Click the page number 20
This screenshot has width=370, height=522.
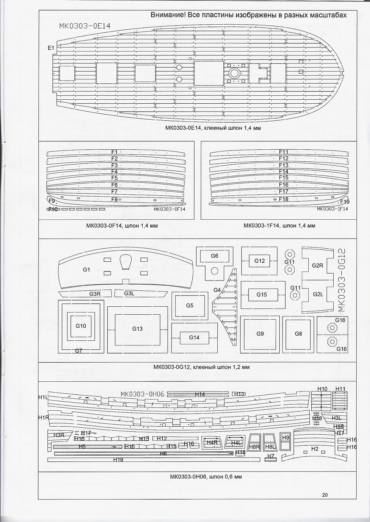tap(325, 495)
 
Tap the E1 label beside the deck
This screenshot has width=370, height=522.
tap(51, 48)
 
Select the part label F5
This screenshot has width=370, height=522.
tap(115, 178)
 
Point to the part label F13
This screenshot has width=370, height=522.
tap(284, 165)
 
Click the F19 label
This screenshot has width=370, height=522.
tap(345, 202)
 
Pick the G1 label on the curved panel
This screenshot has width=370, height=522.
tap(86, 269)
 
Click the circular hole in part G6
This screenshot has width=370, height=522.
tap(214, 270)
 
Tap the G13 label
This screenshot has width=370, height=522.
tap(137, 329)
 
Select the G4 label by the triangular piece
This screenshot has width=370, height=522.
tap(217, 290)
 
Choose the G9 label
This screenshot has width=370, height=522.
tap(260, 334)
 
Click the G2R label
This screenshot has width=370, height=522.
tap(317, 265)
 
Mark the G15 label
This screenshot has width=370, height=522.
tap(262, 295)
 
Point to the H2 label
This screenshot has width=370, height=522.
tap(314, 449)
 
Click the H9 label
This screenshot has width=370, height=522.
tap(285, 437)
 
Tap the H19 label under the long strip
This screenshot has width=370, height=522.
tap(118, 460)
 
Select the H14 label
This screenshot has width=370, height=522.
tap(200, 394)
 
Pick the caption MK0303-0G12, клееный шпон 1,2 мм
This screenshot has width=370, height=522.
tap(202, 367)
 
